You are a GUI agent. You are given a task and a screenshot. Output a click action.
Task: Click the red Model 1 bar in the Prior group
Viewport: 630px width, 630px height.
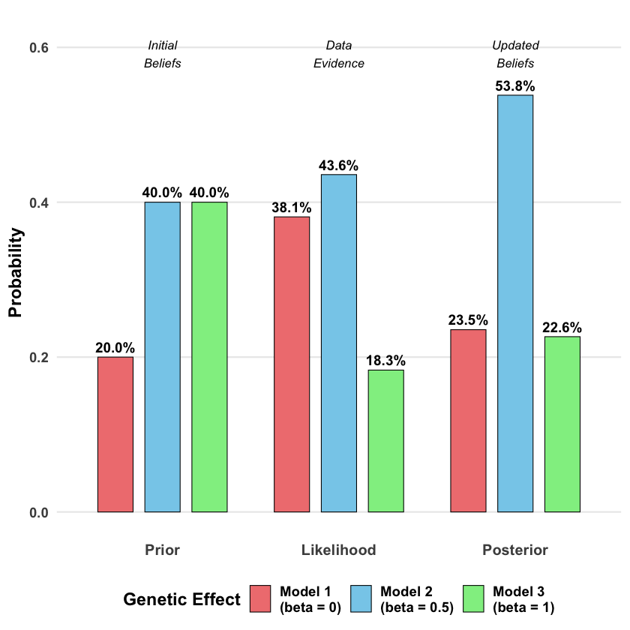pos(115,434)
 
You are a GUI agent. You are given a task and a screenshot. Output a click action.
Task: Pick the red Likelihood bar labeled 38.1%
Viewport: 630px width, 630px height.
pos(292,364)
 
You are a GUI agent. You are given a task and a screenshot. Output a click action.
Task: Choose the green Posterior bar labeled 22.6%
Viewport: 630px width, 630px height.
pos(562,424)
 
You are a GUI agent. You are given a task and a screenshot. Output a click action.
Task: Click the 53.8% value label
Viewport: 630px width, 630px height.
pos(515,86)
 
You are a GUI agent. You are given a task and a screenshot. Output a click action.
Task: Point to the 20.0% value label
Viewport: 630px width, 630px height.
pos(115,348)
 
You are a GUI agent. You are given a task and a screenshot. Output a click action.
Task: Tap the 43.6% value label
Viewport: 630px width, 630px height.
pos(339,166)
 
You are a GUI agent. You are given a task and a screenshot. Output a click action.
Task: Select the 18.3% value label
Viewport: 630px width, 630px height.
pos(385,361)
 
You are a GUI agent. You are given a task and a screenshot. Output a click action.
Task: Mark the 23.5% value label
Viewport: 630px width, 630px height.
pos(468,320)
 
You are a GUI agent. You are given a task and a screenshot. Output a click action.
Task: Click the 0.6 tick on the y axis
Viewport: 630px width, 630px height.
pos(39,48)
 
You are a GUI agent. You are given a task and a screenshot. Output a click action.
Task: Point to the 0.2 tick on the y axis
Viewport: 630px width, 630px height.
pos(39,358)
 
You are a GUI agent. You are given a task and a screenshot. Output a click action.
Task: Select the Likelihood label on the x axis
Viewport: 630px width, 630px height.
pos(339,550)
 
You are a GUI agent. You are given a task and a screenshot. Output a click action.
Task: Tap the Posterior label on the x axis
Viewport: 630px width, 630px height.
pos(515,550)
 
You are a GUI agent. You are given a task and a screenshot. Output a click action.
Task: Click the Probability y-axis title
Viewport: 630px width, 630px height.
pos(16,272)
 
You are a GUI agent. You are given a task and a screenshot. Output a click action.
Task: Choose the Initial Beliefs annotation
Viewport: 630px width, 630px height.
pos(163,55)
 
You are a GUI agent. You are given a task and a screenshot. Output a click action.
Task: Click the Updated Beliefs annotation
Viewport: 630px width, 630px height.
pos(515,55)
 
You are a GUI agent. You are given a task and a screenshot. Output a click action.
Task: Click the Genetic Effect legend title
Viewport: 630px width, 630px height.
pos(181,599)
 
